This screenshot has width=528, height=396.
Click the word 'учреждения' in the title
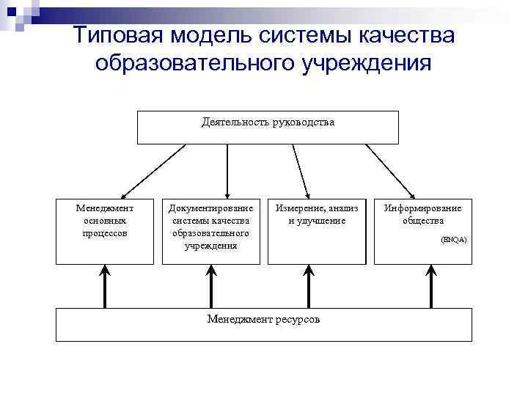click(x=367, y=64)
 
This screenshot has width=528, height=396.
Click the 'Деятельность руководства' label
click(x=268, y=122)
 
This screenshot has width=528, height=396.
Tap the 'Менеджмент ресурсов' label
click(x=263, y=320)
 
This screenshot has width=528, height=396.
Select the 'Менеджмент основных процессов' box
click(x=105, y=230)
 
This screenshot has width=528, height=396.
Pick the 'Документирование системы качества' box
click(x=211, y=230)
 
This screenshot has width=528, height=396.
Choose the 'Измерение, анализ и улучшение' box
click(x=316, y=230)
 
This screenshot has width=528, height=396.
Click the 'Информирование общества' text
click(x=422, y=214)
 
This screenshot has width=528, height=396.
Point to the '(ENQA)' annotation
click(x=453, y=241)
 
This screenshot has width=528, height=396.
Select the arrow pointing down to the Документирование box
click(x=227, y=170)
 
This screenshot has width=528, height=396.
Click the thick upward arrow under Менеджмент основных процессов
click(x=106, y=285)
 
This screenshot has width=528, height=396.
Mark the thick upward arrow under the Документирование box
click(x=211, y=285)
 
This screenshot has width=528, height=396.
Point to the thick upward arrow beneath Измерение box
click(x=308, y=285)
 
